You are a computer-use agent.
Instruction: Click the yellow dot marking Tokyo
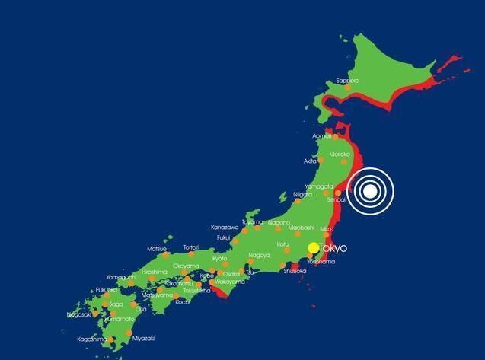coord(314,248)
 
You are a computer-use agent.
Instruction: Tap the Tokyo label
coord(333,248)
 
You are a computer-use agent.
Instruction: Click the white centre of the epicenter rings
coord(370,190)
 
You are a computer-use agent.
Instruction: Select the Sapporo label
coord(347,80)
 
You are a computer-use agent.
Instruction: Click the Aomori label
coord(322,136)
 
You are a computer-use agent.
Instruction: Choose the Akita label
coord(311,161)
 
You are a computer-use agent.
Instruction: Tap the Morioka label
coord(340,155)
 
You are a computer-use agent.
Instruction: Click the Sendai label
coord(337,199)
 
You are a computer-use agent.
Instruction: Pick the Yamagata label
coord(319,186)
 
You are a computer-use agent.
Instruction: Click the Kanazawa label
coord(225,227)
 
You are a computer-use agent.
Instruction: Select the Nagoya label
coord(259,255)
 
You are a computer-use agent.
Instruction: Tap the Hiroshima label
coord(155,272)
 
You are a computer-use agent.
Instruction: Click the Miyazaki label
coord(143,338)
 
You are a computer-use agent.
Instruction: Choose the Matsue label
coord(157,248)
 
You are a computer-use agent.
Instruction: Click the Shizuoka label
coord(295,271)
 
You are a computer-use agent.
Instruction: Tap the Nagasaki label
coord(79,314)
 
